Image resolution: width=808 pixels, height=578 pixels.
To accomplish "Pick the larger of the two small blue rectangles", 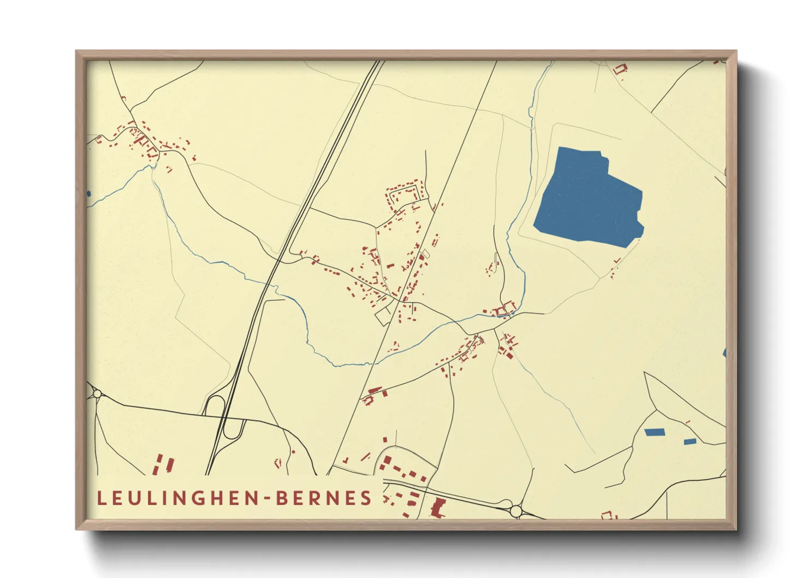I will click(653, 432).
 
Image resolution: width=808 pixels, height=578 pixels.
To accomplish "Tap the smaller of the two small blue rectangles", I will click(690, 441).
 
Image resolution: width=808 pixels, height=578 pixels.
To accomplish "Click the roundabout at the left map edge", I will click(97, 393).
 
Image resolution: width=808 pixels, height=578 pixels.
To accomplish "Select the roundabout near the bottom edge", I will click(516, 511).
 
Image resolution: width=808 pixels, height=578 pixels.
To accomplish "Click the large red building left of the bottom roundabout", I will click(437, 508).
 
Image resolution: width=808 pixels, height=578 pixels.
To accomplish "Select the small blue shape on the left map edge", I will click(89, 193).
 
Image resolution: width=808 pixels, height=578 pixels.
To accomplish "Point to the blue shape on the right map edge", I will click(724, 353).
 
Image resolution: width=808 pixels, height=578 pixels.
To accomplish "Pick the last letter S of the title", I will click(366, 498).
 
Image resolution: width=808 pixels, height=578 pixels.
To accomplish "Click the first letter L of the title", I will click(101, 498).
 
